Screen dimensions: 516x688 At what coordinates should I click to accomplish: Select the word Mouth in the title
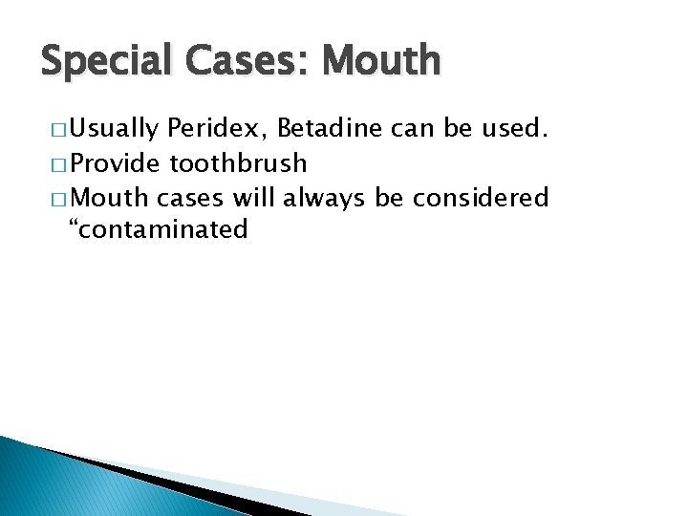[383, 62]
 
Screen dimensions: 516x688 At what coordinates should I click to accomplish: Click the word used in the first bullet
[513, 129]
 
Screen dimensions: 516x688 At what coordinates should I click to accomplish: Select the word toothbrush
[238, 162]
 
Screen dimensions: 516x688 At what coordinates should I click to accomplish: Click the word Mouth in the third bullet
[107, 197]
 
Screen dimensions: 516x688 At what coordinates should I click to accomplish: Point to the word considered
[482, 197]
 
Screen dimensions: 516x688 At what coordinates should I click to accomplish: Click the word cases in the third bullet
[187, 198]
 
